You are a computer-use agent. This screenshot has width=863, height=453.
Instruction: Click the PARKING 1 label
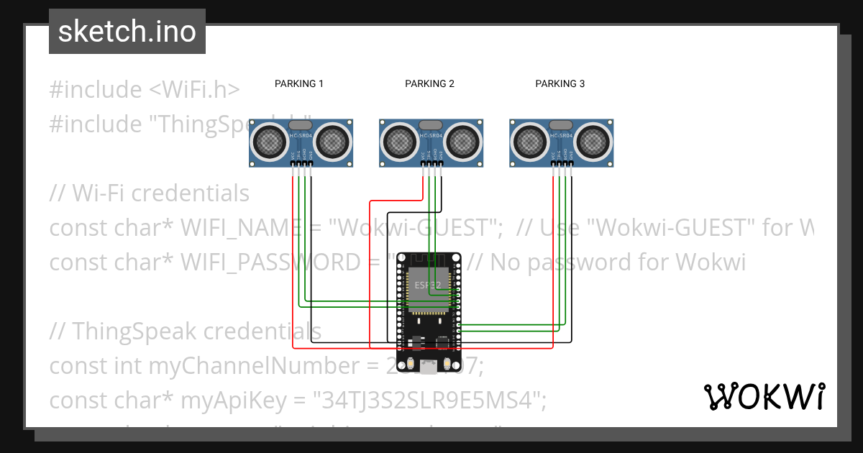click(x=299, y=83)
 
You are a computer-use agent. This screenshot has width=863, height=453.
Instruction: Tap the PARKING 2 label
click(x=429, y=83)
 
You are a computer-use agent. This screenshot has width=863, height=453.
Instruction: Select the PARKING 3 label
click(x=560, y=83)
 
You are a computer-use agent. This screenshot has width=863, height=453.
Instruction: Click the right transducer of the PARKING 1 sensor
click(x=332, y=141)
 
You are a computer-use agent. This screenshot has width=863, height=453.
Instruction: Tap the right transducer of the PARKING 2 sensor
click(x=462, y=141)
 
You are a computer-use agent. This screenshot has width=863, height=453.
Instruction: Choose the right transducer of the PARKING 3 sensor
click(x=593, y=141)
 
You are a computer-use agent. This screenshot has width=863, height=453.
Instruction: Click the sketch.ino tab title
click(x=127, y=32)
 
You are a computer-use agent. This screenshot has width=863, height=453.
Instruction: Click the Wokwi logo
click(x=764, y=396)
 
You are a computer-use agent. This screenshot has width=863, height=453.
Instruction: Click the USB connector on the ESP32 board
click(x=429, y=367)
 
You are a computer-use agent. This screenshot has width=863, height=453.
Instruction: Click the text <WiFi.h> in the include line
click(x=194, y=90)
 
